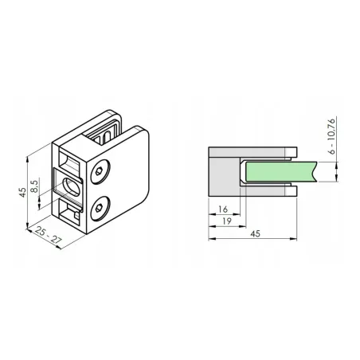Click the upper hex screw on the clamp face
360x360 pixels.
tap(100, 171)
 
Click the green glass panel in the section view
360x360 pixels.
tap(279, 170)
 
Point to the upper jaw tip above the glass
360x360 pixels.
tap(295, 153)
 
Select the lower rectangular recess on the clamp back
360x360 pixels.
tap(70, 213)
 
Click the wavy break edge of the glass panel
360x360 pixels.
tap(316, 170)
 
